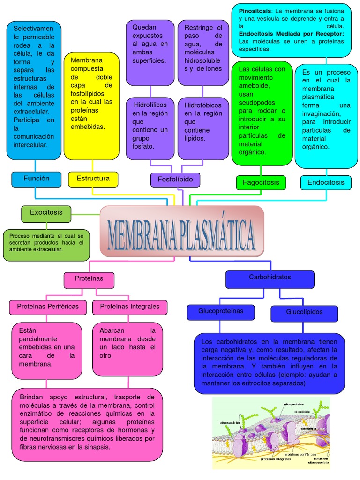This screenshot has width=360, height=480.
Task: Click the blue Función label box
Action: tap(37, 179)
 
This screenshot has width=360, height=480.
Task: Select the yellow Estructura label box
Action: tap(93, 179)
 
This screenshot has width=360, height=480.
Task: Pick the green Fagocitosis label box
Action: tap(261, 182)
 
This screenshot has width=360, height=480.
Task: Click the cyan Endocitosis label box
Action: tap(326, 182)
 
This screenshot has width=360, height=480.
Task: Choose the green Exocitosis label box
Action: tap(46, 213)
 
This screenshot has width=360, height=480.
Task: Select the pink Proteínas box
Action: tap(89, 279)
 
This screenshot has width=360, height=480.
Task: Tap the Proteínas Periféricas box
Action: tap(48, 307)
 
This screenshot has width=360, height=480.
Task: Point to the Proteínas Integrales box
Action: tap(130, 307)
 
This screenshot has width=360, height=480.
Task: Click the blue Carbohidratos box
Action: tap(270, 278)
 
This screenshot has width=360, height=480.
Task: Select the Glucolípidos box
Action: tap(304, 313)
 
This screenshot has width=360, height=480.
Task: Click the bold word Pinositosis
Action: tap(255, 11)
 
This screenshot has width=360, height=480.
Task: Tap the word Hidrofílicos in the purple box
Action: tap(150, 105)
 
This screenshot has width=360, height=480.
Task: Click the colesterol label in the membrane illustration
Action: tap(308, 429)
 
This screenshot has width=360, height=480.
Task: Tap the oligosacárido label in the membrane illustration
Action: tap(230, 422)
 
